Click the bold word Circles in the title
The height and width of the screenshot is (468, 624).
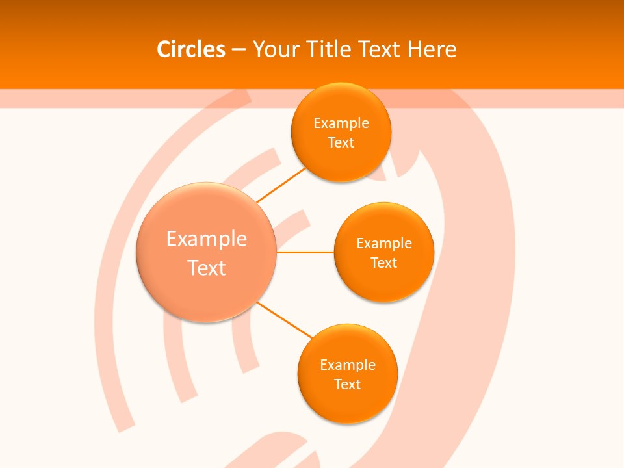(x=190, y=49)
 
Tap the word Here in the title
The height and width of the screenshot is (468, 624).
(x=432, y=49)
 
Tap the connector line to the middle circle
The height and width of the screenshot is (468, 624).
(x=305, y=252)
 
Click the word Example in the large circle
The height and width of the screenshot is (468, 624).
(x=207, y=239)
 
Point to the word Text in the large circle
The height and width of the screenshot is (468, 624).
(x=207, y=268)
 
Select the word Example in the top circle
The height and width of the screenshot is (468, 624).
(x=341, y=123)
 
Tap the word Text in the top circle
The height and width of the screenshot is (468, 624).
(x=341, y=143)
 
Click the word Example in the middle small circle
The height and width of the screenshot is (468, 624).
(x=384, y=244)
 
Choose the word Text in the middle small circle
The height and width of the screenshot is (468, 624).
(x=384, y=263)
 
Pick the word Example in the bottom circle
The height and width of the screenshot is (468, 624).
(x=348, y=365)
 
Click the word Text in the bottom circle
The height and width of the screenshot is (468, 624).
(x=348, y=385)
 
